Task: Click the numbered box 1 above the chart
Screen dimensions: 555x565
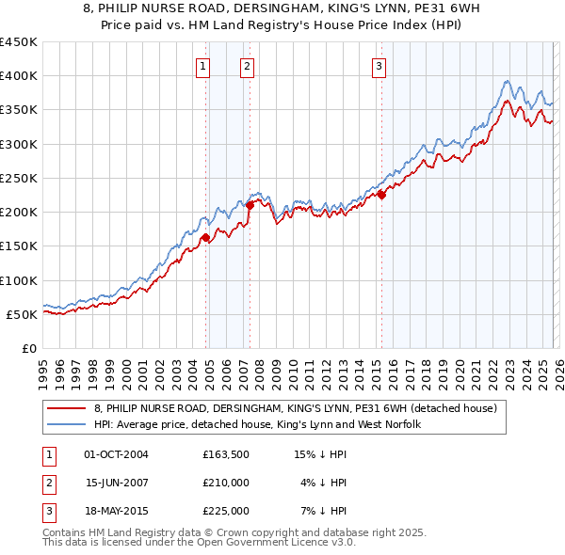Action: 204,66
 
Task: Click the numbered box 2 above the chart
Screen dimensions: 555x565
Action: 246,66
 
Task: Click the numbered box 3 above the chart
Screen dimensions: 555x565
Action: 378,66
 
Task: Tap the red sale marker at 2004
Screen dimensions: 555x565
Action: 205,237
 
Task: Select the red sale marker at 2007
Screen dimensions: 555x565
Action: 250,204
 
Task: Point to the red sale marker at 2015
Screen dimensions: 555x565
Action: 381,195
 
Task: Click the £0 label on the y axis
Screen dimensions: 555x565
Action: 28,348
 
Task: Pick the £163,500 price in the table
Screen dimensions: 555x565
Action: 225,454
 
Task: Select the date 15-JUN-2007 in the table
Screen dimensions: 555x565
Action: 116,483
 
